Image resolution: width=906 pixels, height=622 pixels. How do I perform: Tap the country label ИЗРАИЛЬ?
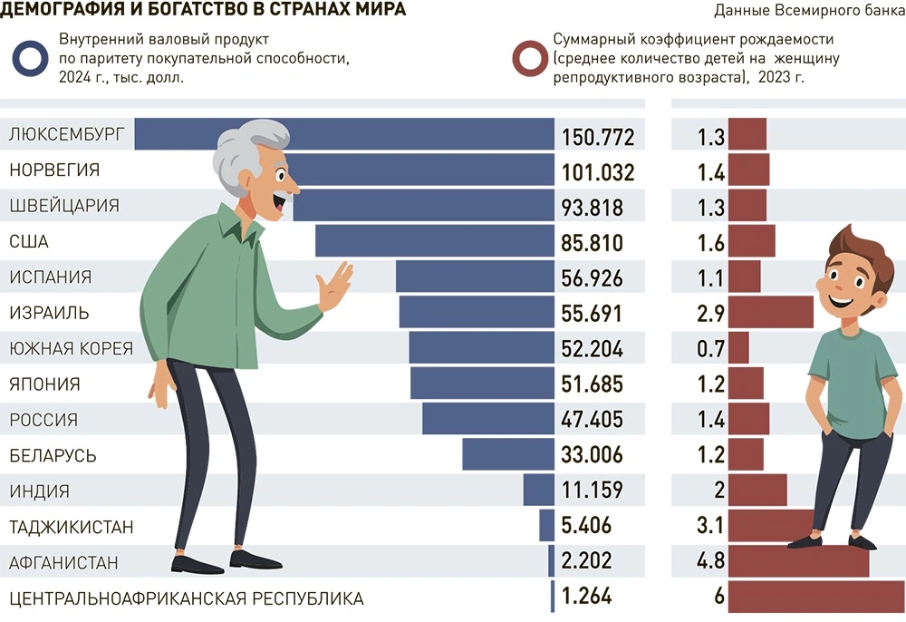49,313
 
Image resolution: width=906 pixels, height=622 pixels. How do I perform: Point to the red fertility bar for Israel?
770,313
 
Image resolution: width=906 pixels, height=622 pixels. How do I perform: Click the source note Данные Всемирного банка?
809,11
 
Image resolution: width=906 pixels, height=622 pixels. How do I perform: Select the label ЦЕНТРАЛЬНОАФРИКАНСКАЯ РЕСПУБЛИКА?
186,598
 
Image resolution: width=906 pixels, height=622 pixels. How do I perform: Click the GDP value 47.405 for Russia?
593,420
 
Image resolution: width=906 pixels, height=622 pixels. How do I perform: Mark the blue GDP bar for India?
538,491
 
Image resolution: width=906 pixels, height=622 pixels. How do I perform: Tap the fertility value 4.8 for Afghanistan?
710,562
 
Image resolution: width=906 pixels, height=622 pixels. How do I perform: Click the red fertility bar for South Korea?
738,348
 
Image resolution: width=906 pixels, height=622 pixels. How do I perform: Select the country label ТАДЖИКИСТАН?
72,527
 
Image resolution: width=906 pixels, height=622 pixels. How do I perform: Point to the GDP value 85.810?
593,243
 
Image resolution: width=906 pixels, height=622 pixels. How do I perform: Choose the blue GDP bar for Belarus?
508,455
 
